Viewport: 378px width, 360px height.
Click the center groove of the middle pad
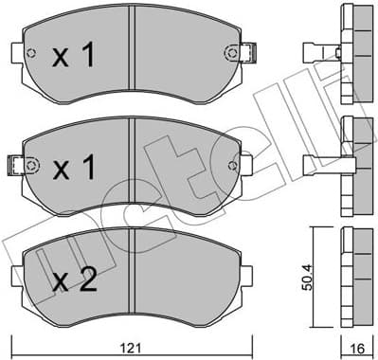click(135, 161)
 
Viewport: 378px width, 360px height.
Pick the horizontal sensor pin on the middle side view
click(319, 160)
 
